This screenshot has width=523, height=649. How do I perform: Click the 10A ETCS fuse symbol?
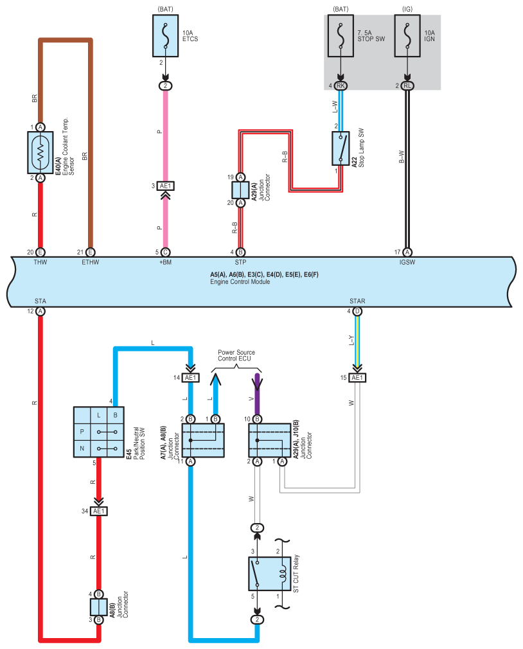pyautogui.click(x=166, y=36)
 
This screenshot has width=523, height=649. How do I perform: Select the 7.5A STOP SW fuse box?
pyautogui.click(x=341, y=36)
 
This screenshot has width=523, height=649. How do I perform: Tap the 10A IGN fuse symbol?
pyautogui.click(x=407, y=36)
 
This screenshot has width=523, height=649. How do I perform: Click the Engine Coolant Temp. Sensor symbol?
pyautogui.click(x=40, y=152)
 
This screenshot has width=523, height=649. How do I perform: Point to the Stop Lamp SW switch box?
pyautogui.click(x=341, y=148)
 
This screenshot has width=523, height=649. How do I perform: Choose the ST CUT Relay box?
pyautogui.click(x=270, y=574)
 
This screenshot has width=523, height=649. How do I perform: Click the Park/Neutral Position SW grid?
pyautogui.click(x=98, y=432)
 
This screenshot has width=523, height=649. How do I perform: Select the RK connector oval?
pyautogui.click(x=341, y=85)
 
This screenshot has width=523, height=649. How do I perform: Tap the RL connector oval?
pyautogui.click(x=407, y=85)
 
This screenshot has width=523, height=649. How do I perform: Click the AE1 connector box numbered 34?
pyautogui.click(x=99, y=511)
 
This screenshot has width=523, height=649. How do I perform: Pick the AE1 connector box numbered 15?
pyautogui.click(x=357, y=377)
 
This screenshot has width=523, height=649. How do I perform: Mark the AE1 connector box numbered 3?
pyautogui.click(x=166, y=186)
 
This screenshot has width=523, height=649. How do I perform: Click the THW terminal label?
pyautogui.click(x=40, y=262)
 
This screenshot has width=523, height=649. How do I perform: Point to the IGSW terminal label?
pyautogui.click(x=407, y=262)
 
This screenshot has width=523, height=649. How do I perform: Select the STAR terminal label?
pyautogui.click(x=357, y=301)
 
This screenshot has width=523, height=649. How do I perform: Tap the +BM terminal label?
pyautogui.click(x=166, y=262)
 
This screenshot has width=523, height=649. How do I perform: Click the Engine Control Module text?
pyautogui.click(x=240, y=281)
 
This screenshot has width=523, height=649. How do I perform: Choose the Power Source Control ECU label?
pyautogui.click(x=236, y=355)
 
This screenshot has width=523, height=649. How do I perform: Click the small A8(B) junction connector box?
pyautogui.click(x=99, y=607)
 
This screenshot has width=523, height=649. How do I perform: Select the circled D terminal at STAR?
pyautogui.click(x=357, y=311)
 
